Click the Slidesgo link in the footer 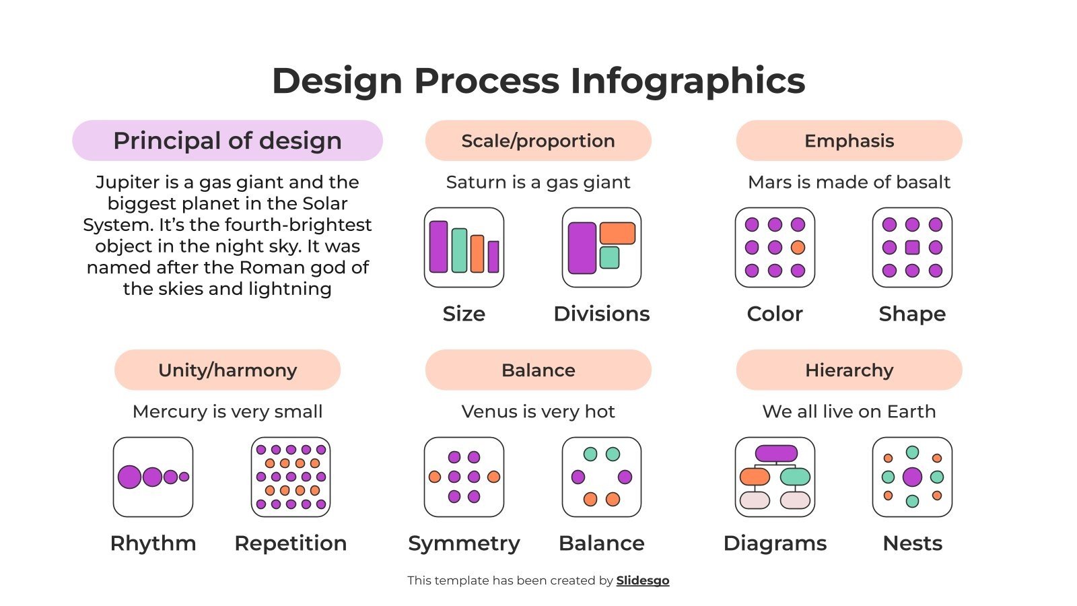coord(643,580)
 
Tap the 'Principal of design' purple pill coord(228,141)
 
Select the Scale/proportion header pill coord(538,141)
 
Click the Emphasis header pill coord(849,141)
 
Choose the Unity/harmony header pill coord(228,370)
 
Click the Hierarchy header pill coord(849,370)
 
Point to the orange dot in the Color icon coord(798,247)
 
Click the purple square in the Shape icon coord(912,247)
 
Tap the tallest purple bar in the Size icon coord(438,246)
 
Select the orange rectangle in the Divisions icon coord(617,233)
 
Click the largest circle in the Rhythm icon coord(129,477)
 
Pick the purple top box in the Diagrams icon coord(776,453)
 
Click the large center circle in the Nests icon coord(912,477)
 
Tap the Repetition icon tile coord(291,477)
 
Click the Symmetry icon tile coord(464,477)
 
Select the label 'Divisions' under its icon coord(601,314)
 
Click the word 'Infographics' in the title coord(687,81)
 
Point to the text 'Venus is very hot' coord(538,411)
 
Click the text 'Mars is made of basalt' coord(849,182)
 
